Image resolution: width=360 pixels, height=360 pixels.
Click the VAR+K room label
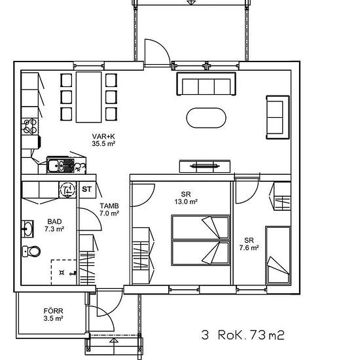point(103,136)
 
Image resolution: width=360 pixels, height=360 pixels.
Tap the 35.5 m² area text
point(103,144)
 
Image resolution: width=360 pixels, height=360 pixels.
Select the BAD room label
point(54,222)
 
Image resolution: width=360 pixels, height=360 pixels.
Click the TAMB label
point(109,205)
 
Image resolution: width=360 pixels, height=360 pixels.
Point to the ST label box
point(87,189)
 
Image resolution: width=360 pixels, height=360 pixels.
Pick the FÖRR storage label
point(52,310)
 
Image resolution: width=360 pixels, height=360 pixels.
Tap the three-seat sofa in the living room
point(206,85)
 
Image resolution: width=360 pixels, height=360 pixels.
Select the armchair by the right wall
point(277,116)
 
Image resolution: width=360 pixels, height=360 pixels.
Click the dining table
point(90,96)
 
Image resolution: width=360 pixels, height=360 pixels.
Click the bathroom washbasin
point(27,228)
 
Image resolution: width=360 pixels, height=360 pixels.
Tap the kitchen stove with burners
point(30,125)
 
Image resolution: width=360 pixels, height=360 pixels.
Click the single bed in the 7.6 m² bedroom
point(278,256)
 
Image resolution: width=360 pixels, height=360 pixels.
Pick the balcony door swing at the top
point(156,52)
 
